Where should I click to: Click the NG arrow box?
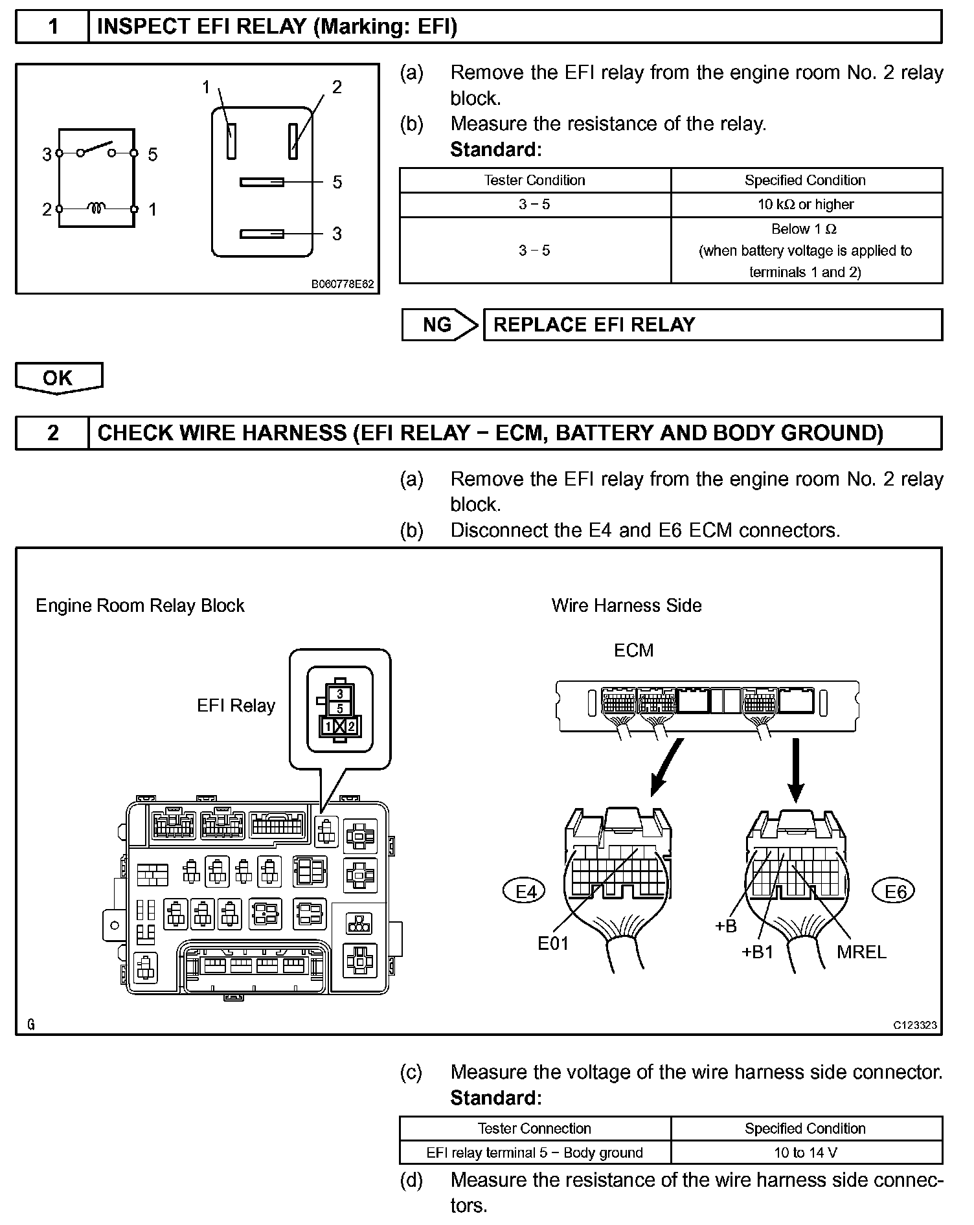click(x=438, y=324)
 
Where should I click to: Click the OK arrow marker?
click(x=58, y=378)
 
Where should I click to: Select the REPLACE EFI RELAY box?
click(x=712, y=324)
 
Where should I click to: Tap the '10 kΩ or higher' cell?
click(x=806, y=205)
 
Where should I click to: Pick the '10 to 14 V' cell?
click(x=806, y=1152)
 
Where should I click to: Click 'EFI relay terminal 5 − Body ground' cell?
click(x=534, y=1152)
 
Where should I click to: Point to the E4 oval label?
click(x=525, y=892)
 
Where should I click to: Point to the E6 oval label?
click(x=896, y=892)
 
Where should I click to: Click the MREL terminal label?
click(x=861, y=951)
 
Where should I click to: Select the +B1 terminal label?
click(x=757, y=951)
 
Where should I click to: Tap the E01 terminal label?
click(x=553, y=943)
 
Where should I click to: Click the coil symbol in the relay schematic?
click(x=97, y=208)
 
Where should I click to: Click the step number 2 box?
click(x=52, y=433)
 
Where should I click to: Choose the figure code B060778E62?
click(x=343, y=284)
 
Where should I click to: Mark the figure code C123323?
click(x=915, y=1025)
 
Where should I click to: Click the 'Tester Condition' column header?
click(x=534, y=180)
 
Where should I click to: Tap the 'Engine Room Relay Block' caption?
click(x=140, y=605)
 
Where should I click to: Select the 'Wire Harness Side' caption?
click(x=626, y=605)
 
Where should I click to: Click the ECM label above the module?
click(x=633, y=650)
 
